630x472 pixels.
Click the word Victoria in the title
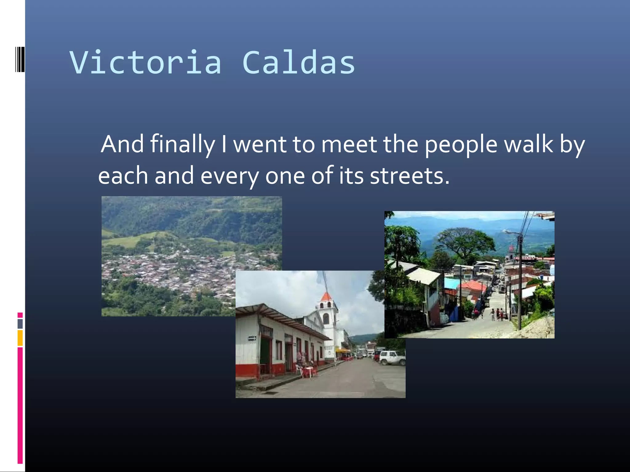(145, 63)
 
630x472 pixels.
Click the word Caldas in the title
(298, 63)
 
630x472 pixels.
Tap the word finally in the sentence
(182, 144)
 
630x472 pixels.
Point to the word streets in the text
(409, 176)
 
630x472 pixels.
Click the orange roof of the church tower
(326, 297)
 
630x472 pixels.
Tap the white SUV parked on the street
(392, 358)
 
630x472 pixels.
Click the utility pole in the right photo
(520, 283)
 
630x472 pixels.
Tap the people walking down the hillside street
(498, 314)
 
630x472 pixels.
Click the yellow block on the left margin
(20, 338)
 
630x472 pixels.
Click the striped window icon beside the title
(20, 59)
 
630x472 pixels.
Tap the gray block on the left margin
(20, 324)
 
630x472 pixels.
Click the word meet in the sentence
(349, 144)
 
